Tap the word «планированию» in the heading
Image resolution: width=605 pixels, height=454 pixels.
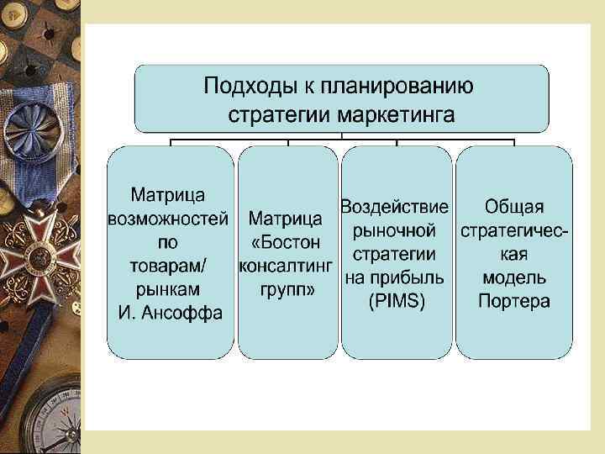[403, 86]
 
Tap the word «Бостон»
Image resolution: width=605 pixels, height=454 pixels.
[287, 243]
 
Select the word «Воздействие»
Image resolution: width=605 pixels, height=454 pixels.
[395, 206]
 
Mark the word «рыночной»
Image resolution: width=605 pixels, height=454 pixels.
[395, 230]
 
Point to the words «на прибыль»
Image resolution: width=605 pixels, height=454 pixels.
[395, 277]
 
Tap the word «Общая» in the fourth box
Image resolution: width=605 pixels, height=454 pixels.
[514, 206]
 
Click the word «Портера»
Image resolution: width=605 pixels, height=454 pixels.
[514, 301]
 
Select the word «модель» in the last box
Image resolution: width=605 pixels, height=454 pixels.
[514, 277]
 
